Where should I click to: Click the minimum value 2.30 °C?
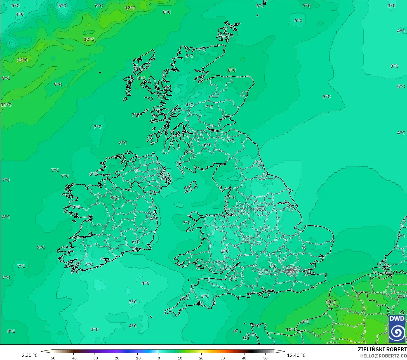pyautogui.click(x=30, y=356)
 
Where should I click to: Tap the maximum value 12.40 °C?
pyautogui.click(x=296, y=356)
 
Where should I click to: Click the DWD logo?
pyautogui.click(x=397, y=329)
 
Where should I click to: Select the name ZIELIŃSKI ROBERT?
pyautogui.click(x=382, y=350)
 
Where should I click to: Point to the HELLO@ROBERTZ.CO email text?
pyautogui.click(x=383, y=356)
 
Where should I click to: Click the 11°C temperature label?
pyautogui.click(x=6, y=105)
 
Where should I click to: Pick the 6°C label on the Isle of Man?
pyautogui.click(x=188, y=188)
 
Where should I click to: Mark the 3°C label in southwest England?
pyautogui.click(x=205, y=296)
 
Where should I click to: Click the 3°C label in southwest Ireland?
pyautogui.click(x=89, y=264)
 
